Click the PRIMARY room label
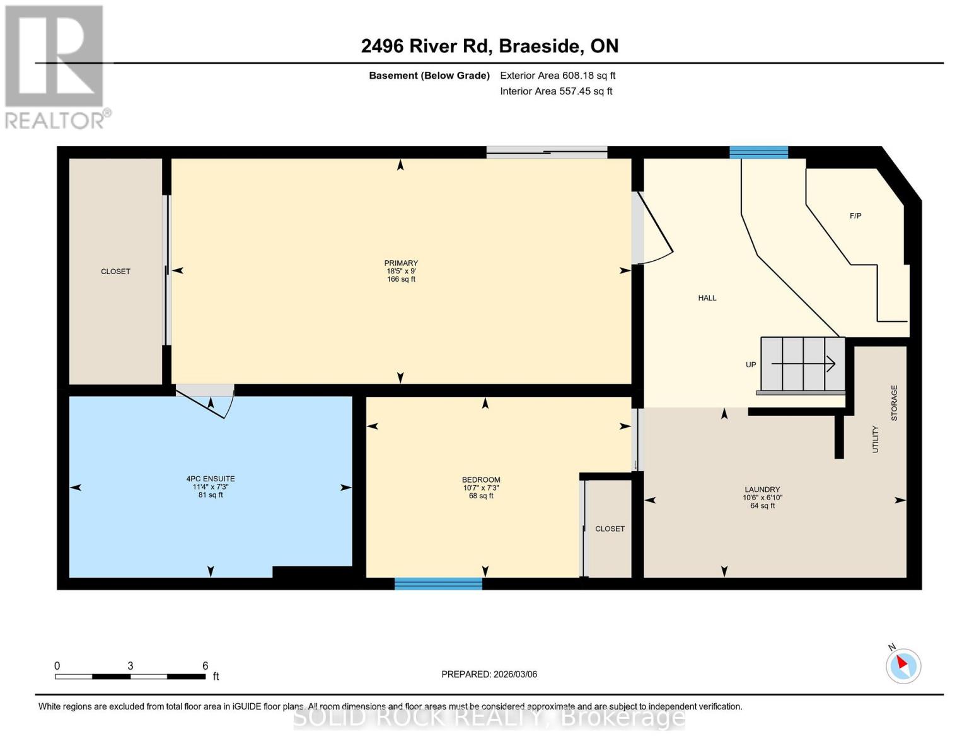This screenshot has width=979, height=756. (401, 263)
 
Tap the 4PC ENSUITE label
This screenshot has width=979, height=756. (211, 479)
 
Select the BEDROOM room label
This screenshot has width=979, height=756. (481, 480)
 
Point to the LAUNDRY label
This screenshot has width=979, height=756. (762, 490)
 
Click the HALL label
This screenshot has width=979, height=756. (707, 298)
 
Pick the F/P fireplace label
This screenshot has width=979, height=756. (855, 216)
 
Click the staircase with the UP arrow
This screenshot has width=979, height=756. (802, 364)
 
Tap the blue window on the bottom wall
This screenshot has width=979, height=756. (438, 583)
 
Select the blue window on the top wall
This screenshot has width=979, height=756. (758, 152)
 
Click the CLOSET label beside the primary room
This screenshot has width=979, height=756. (115, 272)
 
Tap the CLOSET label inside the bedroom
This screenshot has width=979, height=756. (610, 529)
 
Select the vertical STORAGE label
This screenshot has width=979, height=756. (894, 403)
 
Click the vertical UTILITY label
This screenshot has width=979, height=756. (875, 439)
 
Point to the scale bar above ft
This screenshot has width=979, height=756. (130, 677)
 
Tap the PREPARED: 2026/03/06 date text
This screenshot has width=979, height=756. (489, 674)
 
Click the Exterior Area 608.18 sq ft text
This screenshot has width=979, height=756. (557, 76)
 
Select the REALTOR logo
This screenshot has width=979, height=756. (55, 67)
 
